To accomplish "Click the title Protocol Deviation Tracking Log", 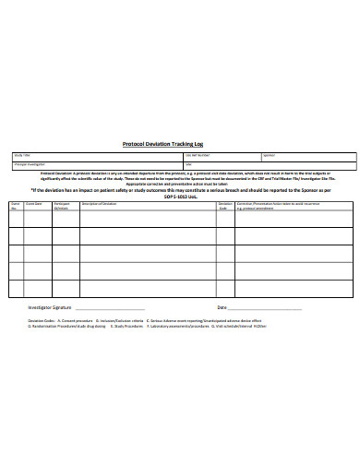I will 180,144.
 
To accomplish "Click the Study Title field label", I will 21,155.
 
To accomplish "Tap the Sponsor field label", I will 270,155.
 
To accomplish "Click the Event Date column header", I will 34,202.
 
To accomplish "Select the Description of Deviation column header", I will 100,202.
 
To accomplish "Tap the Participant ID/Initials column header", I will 62,204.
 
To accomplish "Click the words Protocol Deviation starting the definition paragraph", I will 60,173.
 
